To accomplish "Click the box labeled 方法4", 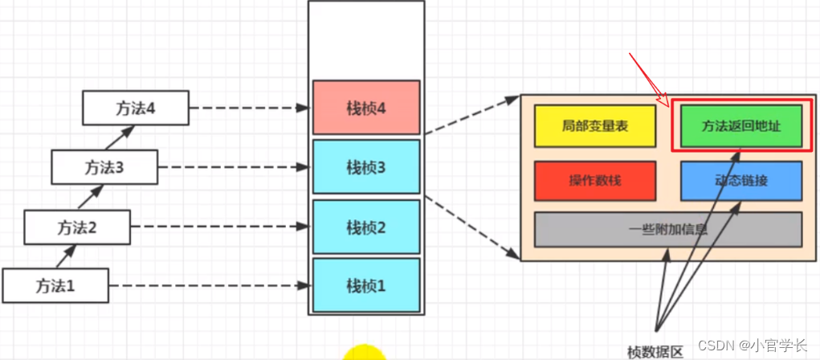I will [136, 108].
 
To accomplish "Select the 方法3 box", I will [104, 168].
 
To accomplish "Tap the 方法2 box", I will [77, 227].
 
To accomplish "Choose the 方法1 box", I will [55, 284].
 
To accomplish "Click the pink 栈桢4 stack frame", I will [366, 108].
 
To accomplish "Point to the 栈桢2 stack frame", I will [366, 227].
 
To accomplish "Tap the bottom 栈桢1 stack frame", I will [366, 285].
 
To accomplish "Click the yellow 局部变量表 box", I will [594, 126].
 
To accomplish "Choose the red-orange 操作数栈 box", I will [594, 181].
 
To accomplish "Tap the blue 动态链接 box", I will [740, 181].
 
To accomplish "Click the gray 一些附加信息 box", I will [667, 230].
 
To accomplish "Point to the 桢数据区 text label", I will [655, 351].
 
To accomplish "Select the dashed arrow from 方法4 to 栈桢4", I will [249, 108].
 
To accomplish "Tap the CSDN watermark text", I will [752, 346].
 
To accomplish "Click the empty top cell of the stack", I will [366, 40].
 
